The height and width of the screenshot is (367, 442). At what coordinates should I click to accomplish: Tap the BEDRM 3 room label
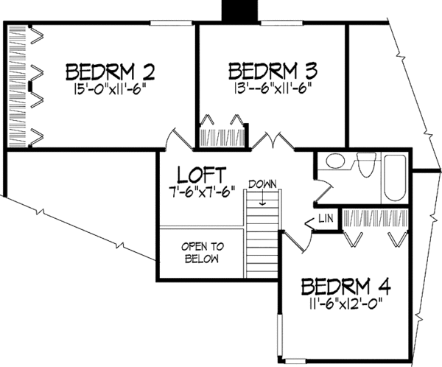tap(273, 71)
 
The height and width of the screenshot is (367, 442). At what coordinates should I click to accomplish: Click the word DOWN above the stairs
tap(262, 183)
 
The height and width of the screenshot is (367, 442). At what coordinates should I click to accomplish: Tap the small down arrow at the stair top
tap(262, 194)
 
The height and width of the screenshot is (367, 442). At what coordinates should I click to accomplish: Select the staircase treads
tap(262, 236)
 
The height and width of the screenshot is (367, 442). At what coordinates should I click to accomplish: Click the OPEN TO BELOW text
tap(203, 253)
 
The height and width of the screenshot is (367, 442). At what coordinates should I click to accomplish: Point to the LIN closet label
tap(326, 220)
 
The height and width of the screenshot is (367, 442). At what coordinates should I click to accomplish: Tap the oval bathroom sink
tap(336, 161)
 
